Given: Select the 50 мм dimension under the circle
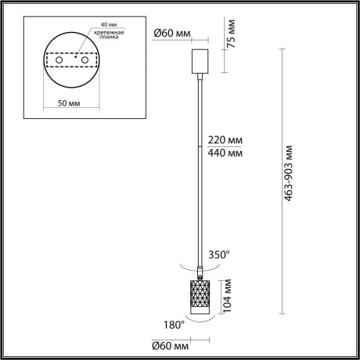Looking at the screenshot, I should pos(70,103).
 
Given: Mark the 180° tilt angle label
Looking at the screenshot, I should pos(173,322).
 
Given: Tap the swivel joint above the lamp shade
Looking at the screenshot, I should pos(201,271).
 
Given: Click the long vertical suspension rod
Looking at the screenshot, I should pos(201,172).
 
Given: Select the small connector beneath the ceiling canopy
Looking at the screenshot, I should pos(201,76).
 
